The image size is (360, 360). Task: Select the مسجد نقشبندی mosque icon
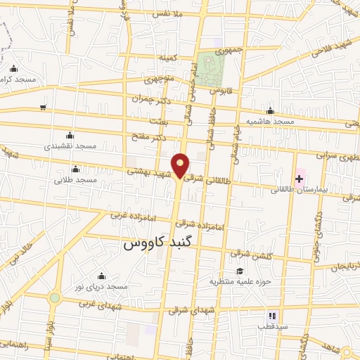pyautogui.click(x=69, y=136)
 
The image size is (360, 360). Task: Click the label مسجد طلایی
pyautogui.click(x=75, y=180)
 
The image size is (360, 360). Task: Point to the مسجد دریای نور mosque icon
pyautogui.click(x=101, y=276)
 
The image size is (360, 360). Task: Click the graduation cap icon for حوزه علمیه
pyautogui.click(x=240, y=271)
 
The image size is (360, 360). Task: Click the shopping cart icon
pyautogui.click(x=43, y=108)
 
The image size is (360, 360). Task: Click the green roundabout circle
pyautogui.click(x=54, y=298)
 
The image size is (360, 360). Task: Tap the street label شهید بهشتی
pyautogui.click(x=147, y=171)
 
